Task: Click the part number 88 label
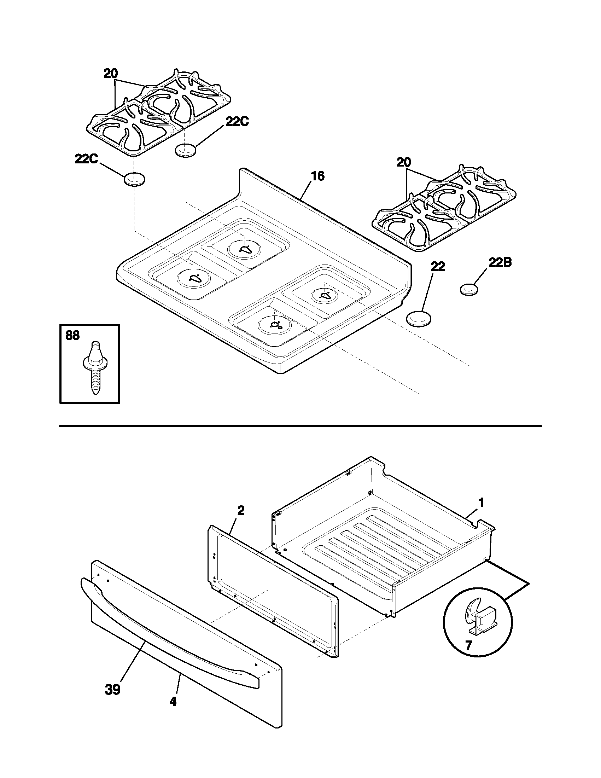pyautogui.click(x=72, y=336)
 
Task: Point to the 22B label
pyautogui.click(x=500, y=262)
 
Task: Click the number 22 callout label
pyautogui.click(x=438, y=266)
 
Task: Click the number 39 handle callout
pyautogui.click(x=113, y=689)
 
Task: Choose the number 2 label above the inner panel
pyautogui.click(x=241, y=510)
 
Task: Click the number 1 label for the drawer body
pyautogui.click(x=481, y=503)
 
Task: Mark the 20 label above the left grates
pyautogui.click(x=111, y=74)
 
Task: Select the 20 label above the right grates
pyautogui.click(x=404, y=163)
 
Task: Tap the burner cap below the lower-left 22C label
pyautogui.click(x=134, y=179)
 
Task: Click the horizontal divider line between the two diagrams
pyautogui.click(x=300, y=426)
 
